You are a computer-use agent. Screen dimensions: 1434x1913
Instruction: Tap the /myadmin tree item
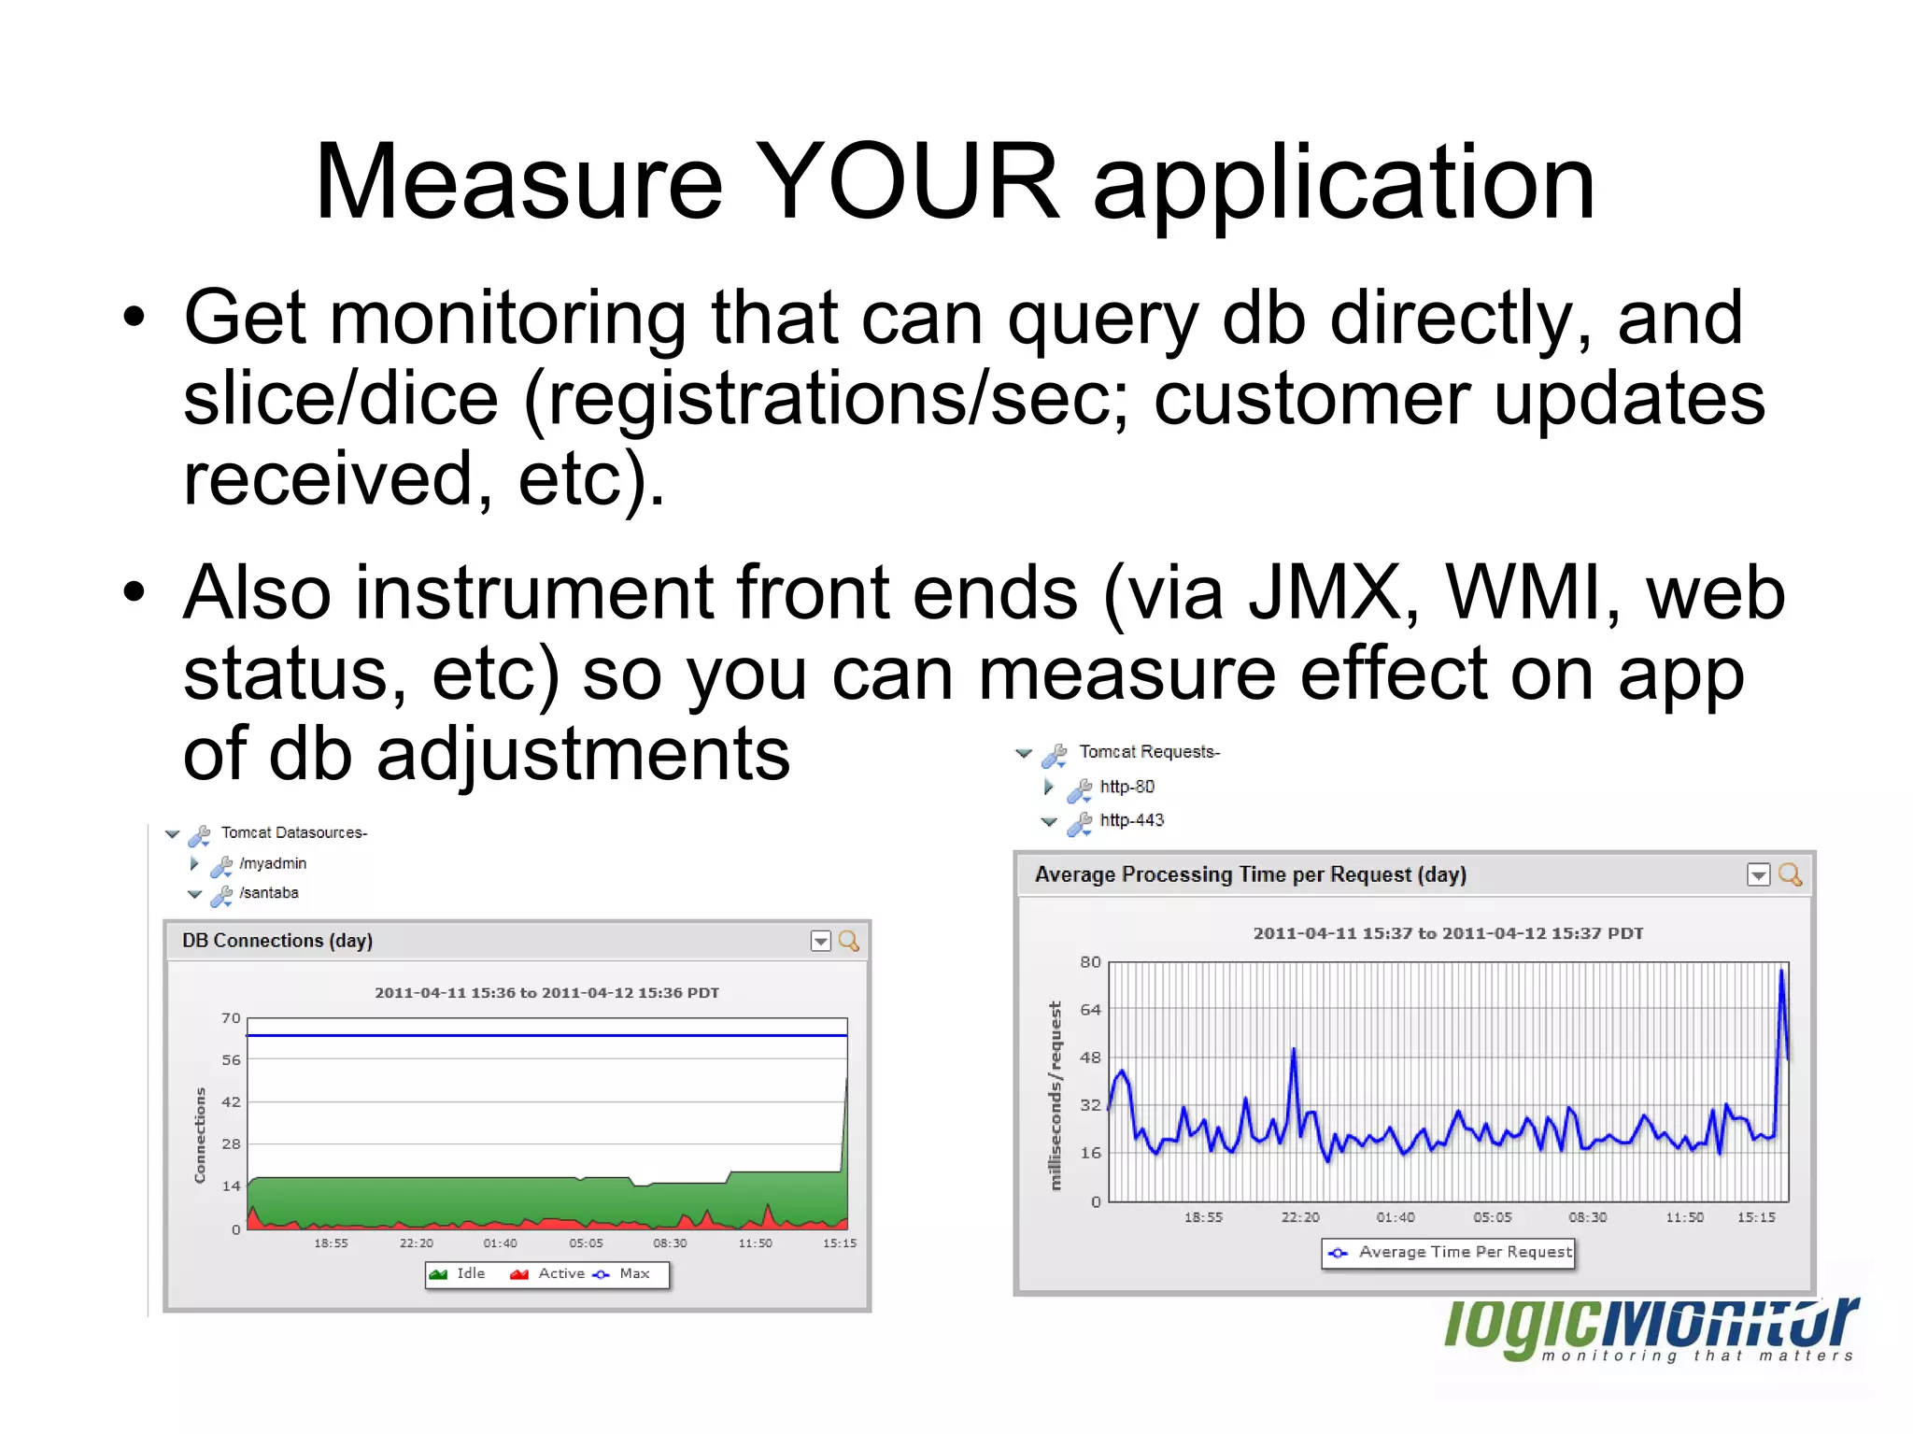[272, 863]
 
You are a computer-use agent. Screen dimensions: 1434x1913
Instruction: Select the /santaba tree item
[268, 893]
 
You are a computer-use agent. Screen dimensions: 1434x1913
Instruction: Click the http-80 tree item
[1127, 787]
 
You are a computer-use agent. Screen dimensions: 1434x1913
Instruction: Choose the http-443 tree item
[1131, 820]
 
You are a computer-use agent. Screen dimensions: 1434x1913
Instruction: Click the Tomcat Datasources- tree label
[293, 832]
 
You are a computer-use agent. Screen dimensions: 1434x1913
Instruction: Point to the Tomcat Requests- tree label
[1149, 752]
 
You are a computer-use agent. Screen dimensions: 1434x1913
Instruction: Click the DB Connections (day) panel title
[277, 941]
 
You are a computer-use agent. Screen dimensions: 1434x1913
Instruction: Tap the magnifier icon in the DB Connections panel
[848, 941]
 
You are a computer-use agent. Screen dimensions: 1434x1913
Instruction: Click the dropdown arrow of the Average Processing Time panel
[1758, 875]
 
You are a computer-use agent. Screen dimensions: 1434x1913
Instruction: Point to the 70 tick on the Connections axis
[231, 1018]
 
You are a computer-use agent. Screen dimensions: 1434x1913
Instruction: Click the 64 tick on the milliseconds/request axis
[1090, 1010]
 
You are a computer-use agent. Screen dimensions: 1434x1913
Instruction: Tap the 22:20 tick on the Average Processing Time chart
[1299, 1217]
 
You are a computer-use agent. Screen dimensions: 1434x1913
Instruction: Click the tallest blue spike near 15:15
[1781, 972]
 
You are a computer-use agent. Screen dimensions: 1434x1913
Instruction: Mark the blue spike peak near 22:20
[1294, 1050]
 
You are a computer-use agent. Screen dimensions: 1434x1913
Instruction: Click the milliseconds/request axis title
[1056, 1095]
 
